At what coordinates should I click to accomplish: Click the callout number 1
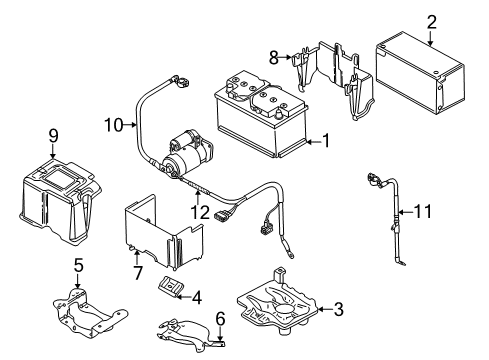point(326,140)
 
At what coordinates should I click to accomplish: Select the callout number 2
point(431,22)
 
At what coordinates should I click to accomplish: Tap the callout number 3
point(338,309)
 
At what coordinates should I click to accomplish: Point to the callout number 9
point(53,136)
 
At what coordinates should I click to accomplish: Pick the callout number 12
point(200,212)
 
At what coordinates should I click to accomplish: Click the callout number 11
point(422,211)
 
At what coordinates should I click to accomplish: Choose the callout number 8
point(274,57)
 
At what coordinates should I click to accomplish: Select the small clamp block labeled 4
point(170,286)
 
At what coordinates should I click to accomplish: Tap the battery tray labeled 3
point(278,303)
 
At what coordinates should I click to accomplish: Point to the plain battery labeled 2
point(420,73)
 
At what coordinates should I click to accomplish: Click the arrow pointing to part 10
point(130,125)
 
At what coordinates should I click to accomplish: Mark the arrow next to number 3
point(325,309)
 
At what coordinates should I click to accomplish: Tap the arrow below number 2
point(431,38)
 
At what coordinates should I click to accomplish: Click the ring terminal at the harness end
point(290,255)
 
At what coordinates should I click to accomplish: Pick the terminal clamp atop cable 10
point(180,81)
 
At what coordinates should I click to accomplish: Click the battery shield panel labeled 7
point(163,233)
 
